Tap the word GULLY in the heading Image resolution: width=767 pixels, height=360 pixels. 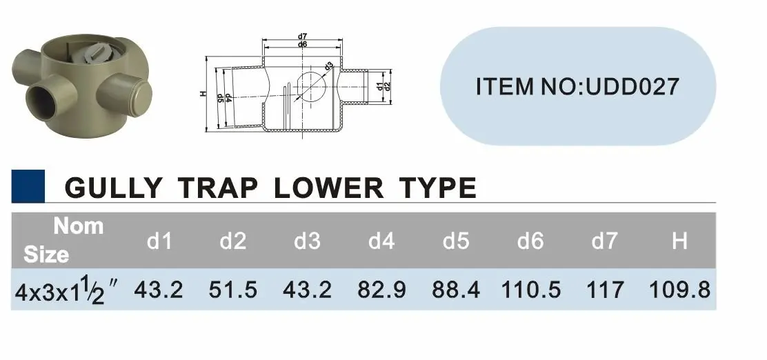113,188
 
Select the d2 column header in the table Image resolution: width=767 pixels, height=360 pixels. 232,241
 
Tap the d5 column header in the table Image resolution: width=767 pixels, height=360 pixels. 456,241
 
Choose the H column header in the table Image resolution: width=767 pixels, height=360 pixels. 679,241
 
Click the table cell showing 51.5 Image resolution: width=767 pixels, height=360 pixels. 232,290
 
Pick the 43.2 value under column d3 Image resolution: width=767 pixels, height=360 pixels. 308,290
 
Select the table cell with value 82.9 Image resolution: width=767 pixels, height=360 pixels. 381,290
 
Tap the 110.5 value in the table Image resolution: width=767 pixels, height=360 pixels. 530,290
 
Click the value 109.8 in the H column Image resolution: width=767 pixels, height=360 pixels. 679,290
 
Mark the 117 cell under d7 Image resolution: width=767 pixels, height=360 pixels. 605,290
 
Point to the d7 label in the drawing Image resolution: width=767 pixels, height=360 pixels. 302,36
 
